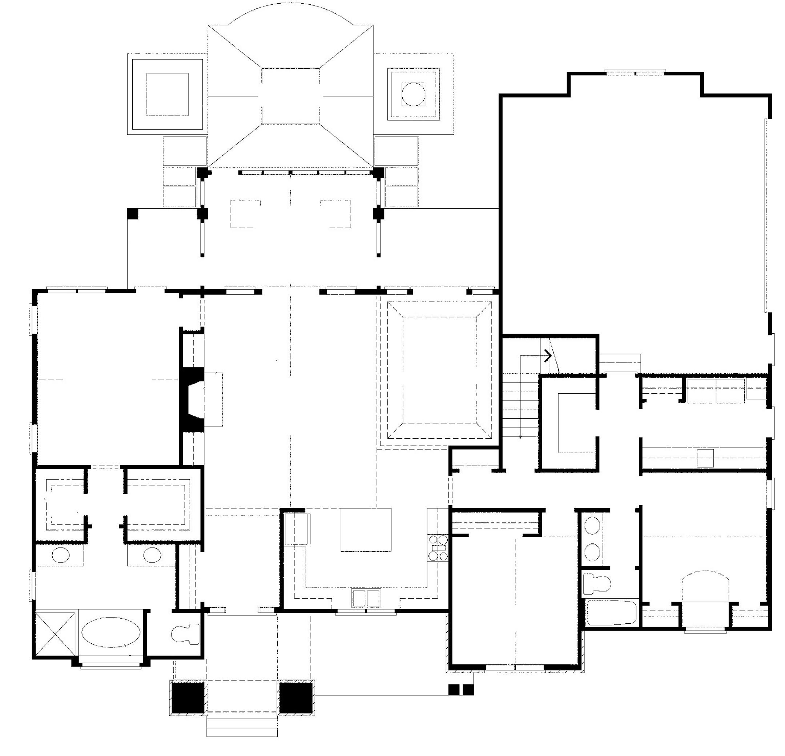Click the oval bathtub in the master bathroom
[111, 632]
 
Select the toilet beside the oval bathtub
[185, 634]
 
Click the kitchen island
[366, 530]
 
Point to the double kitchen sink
[366, 598]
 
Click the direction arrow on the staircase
[547, 355]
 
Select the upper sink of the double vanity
[592, 525]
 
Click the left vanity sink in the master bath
[61, 555]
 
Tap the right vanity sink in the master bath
[152, 555]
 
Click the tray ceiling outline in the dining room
[439, 370]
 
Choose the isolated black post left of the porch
[132, 214]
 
